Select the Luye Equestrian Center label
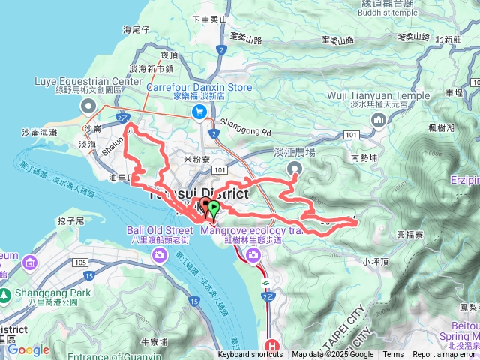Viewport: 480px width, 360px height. click(88, 80)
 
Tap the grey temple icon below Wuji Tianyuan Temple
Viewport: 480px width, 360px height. click(377, 119)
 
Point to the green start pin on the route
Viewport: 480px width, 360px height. click(214, 208)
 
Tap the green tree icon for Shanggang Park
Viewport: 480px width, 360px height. click(5, 294)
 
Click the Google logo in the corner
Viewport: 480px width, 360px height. click(28, 349)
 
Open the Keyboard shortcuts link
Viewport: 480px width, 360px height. click(250, 355)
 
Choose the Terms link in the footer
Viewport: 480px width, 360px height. click(393, 355)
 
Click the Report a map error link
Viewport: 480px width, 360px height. click(444, 355)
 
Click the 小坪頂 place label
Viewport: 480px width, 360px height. click(373, 262)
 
